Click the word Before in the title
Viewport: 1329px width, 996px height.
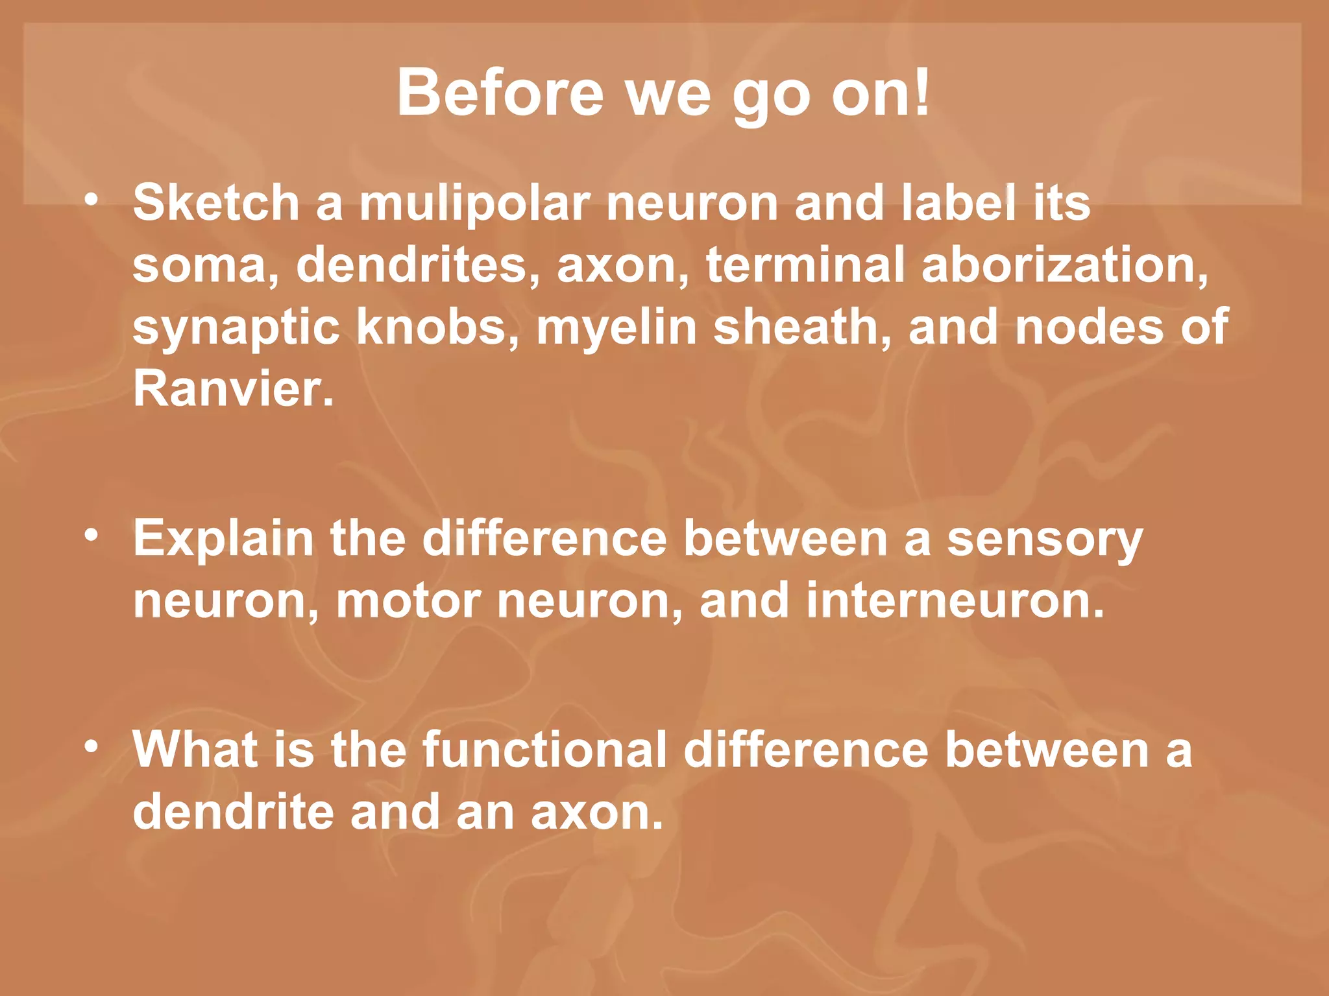pos(500,93)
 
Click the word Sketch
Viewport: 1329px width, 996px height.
pos(215,202)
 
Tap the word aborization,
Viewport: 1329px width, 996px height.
pos(1065,265)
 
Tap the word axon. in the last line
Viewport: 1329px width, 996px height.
pos(597,812)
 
